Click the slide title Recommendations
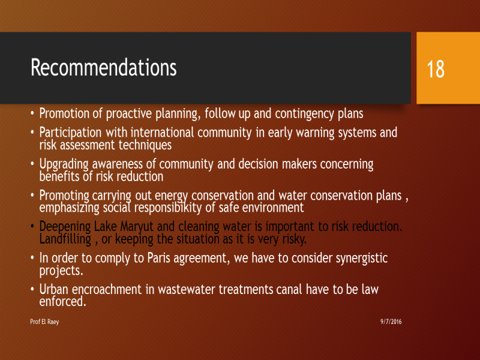pyautogui.click(x=103, y=67)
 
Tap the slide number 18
pyautogui.click(x=436, y=69)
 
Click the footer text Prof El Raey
pyautogui.click(x=44, y=322)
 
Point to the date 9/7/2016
pyautogui.click(x=391, y=322)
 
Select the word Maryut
pyautogui.click(x=137, y=227)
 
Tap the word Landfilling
pyautogui.click(x=65, y=239)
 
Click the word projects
pyautogui.click(x=61, y=271)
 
